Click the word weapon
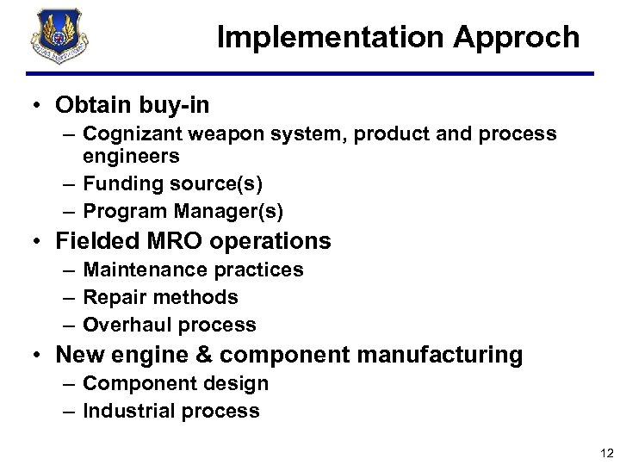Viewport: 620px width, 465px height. (214, 135)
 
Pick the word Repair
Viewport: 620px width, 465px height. (109, 298)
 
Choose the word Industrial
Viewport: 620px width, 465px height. (125, 412)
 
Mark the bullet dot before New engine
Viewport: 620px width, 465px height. (39, 355)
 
